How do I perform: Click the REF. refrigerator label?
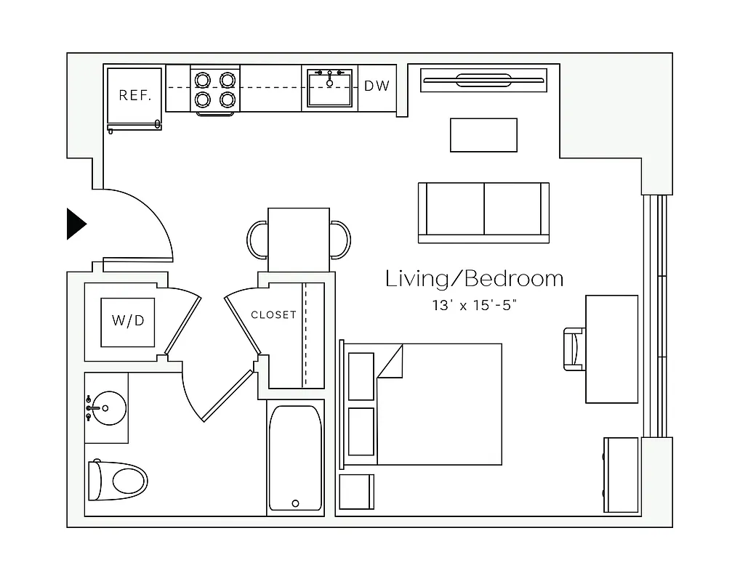[x=134, y=95]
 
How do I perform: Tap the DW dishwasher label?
[x=377, y=86]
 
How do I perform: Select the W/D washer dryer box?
[x=127, y=321]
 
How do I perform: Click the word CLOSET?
[x=273, y=314]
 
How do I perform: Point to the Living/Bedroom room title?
[x=474, y=279]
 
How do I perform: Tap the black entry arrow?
[x=76, y=224]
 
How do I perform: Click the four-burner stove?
[x=215, y=89]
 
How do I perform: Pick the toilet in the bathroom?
[x=118, y=480]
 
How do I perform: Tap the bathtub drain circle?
[x=295, y=503]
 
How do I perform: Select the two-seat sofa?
[x=483, y=211]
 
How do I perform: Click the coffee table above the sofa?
[x=483, y=135]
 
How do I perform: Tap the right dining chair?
[x=341, y=240]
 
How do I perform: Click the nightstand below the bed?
[x=356, y=492]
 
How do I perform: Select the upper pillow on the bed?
[x=361, y=376]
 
